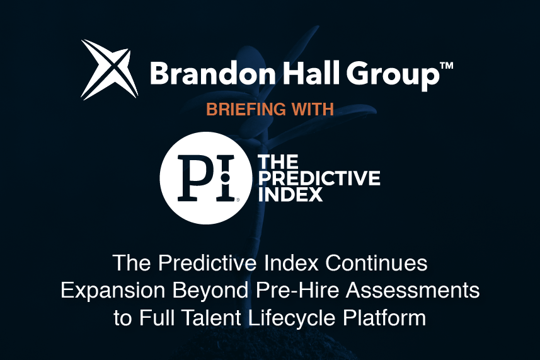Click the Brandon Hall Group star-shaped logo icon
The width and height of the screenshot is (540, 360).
[x=110, y=69]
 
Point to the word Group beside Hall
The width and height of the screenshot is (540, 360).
[x=393, y=76]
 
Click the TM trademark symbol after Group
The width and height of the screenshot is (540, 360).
[x=447, y=66]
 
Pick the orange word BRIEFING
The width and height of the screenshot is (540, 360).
[x=246, y=109]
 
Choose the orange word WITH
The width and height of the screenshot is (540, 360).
[x=313, y=109]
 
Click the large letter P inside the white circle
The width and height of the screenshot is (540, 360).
[x=194, y=178]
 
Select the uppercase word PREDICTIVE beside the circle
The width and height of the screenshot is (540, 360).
[x=319, y=178]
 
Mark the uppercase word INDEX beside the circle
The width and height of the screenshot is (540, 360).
[x=290, y=194]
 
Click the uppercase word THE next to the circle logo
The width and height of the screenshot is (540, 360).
[x=279, y=162]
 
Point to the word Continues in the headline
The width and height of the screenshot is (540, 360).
[x=376, y=263]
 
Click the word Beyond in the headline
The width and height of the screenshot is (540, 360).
[x=210, y=291]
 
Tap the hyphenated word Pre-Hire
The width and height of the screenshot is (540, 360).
[x=297, y=290]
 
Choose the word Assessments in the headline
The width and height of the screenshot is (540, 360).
[x=413, y=290]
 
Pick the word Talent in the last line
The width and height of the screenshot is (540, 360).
[x=210, y=318]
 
